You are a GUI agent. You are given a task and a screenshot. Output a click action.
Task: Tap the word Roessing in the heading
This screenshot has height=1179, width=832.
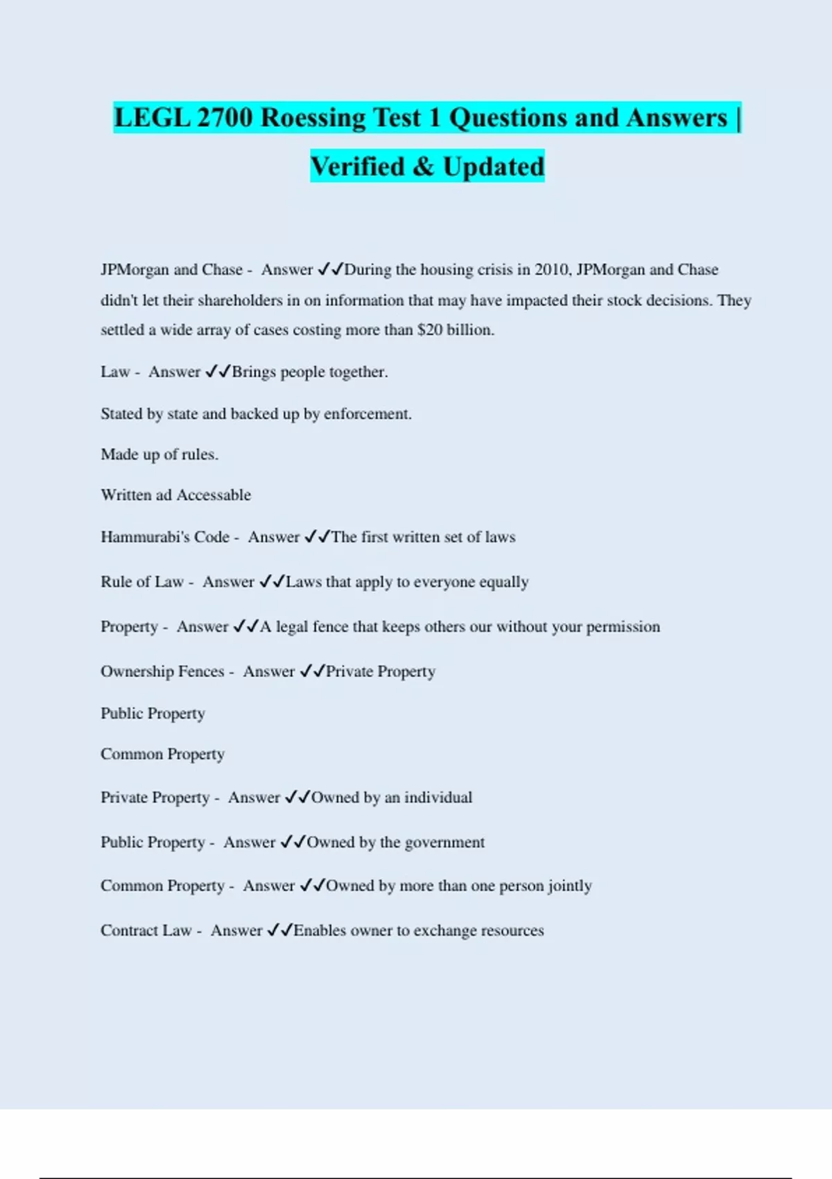313,118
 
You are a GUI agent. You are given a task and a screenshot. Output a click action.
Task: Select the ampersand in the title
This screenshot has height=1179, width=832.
423,167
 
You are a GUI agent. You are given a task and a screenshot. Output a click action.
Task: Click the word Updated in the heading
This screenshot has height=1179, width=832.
494,167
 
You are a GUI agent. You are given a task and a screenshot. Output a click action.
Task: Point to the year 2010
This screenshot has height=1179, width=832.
553,270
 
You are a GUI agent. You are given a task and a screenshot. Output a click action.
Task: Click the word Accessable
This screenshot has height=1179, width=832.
214,495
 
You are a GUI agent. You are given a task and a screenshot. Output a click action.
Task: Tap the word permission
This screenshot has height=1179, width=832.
623,627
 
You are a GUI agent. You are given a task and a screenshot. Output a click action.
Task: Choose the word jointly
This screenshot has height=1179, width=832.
569,886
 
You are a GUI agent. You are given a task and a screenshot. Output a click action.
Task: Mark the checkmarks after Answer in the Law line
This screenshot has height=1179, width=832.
218,372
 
